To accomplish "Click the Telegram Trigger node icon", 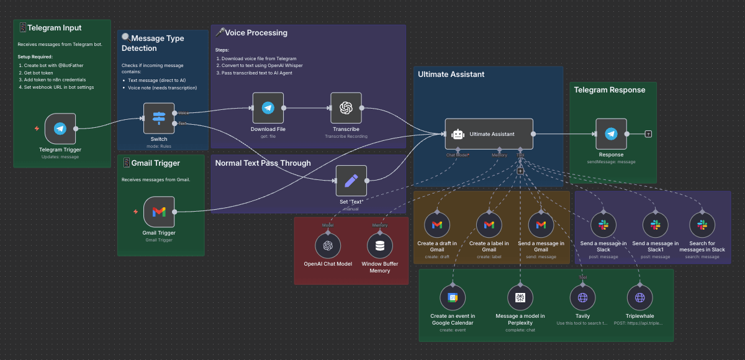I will point(60,128).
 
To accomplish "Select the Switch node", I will point(159,118).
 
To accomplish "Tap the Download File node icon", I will point(268,108).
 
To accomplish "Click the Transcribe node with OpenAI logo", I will point(346,108).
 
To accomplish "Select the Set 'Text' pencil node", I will point(351,181).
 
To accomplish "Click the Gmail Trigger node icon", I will point(159,212).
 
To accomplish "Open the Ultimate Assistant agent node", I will point(489,133).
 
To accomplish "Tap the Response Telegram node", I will point(611,133).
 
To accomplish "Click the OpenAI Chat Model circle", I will point(328,246).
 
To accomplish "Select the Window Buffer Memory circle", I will point(380,246).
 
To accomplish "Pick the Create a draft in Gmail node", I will point(437,225).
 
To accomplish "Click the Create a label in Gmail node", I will point(489,225).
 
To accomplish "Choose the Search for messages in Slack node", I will point(702,225).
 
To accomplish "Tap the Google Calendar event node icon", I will point(453,298).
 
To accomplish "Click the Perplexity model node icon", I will point(520,298).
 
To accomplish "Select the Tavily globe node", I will point(582,298).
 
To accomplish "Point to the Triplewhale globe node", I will point(640,298).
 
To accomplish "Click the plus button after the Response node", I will point(648,133).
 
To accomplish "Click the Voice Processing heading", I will point(256,33).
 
